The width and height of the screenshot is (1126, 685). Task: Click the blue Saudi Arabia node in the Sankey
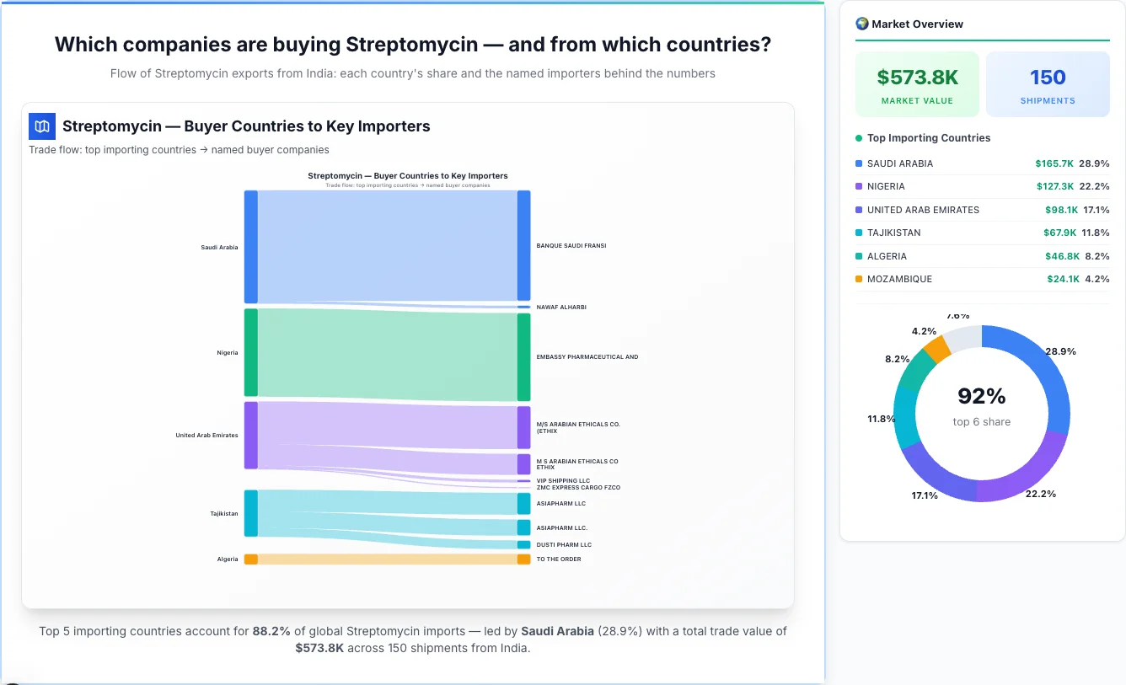(x=250, y=247)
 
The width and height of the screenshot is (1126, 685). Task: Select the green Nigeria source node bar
(x=250, y=352)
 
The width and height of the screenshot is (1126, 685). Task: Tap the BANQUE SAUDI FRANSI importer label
(x=571, y=246)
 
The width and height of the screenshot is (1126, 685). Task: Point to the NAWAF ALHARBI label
(x=560, y=308)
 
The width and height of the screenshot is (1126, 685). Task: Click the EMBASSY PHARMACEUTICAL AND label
(x=587, y=357)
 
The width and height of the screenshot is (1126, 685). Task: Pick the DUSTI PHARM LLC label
(x=564, y=545)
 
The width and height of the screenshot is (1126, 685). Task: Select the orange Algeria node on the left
(x=250, y=559)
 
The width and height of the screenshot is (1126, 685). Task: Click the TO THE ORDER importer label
(x=559, y=559)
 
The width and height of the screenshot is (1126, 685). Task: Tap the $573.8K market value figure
(x=917, y=78)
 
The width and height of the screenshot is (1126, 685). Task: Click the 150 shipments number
(x=1048, y=78)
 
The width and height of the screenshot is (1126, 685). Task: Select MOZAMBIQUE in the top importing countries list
(x=899, y=279)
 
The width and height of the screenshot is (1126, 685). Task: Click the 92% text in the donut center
(x=981, y=396)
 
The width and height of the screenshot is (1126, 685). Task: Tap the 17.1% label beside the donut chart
(x=924, y=495)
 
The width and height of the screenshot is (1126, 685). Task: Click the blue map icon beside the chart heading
(x=42, y=126)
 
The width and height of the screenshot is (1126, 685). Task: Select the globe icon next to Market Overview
(x=861, y=24)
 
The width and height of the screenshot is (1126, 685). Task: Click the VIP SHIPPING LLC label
(x=563, y=481)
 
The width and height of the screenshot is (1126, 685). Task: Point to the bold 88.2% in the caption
(x=271, y=631)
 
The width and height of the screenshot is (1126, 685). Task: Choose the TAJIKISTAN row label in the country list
(x=893, y=233)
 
